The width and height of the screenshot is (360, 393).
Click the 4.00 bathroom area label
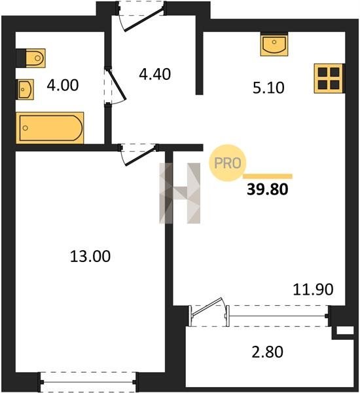(x=63, y=85)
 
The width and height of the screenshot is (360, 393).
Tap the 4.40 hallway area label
(x=155, y=74)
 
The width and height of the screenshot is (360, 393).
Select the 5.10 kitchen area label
(x=268, y=88)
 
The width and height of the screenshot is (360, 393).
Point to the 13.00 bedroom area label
(x=90, y=256)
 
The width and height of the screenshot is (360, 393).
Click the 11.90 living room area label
(x=313, y=290)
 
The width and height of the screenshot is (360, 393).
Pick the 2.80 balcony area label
(x=267, y=352)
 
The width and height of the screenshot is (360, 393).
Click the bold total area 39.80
(x=267, y=189)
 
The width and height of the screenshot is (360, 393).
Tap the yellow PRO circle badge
(x=228, y=162)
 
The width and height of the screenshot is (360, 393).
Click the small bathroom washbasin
(x=25, y=89)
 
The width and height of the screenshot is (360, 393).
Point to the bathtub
(x=50, y=128)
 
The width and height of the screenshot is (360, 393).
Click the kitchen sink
(x=274, y=45)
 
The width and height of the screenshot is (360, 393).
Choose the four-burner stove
(x=329, y=79)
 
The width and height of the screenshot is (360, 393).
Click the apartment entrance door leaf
(x=144, y=19)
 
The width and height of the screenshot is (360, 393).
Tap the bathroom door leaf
(x=116, y=84)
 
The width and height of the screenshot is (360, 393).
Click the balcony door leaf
(x=206, y=306)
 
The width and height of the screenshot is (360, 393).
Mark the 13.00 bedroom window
(x=88, y=382)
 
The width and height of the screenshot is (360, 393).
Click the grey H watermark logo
(x=180, y=193)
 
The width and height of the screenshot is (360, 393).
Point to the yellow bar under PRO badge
(x=268, y=176)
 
